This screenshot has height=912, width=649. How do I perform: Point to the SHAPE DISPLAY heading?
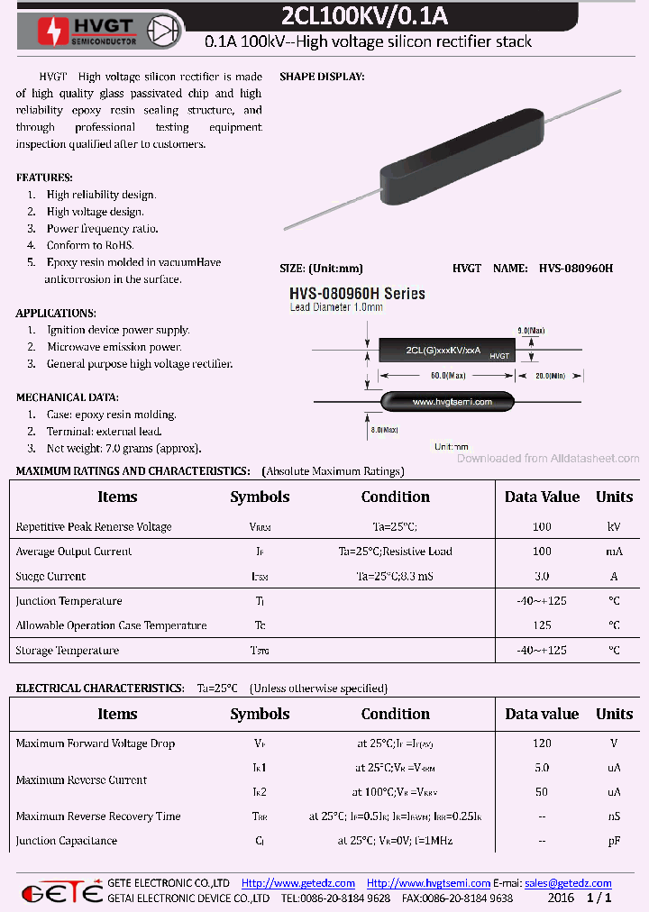(322, 78)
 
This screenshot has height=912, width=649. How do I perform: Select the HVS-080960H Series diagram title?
(357, 294)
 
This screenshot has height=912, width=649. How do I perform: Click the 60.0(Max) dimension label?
(448, 375)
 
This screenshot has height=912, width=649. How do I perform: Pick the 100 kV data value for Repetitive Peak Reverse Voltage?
(542, 526)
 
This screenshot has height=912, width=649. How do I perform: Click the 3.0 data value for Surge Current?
(542, 576)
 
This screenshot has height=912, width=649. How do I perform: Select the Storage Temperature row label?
(68, 651)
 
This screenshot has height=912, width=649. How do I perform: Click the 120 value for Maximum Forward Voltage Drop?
(542, 743)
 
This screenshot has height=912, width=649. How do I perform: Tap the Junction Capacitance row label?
(67, 841)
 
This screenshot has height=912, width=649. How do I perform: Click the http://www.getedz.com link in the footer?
(298, 883)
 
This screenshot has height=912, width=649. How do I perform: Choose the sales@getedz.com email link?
(568, 883)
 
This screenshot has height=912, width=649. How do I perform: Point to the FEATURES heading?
(44, 178)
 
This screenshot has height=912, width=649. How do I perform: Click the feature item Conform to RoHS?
(90, 245)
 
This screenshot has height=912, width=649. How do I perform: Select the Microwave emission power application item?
(114, 347)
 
